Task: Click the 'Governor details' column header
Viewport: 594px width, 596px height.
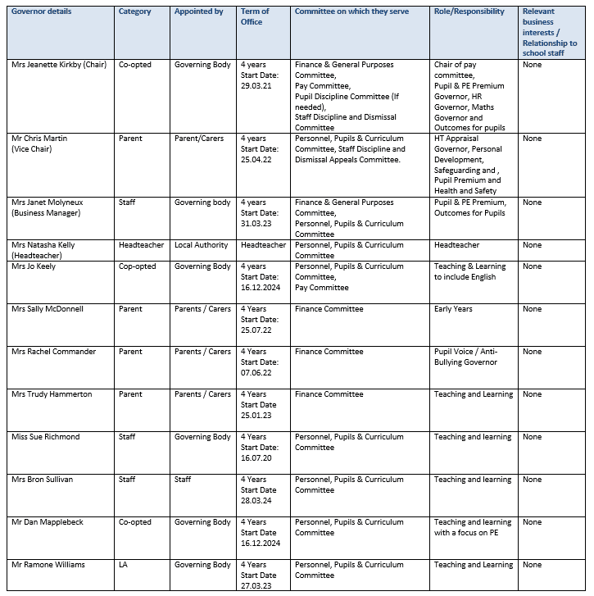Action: pos(41,12)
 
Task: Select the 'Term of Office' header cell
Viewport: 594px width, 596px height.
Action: pos(255,17)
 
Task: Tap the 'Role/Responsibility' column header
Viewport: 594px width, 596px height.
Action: pos(469,12)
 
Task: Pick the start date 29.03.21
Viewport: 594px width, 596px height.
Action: pos(256,86)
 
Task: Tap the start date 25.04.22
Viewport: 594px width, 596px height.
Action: pos(256,160)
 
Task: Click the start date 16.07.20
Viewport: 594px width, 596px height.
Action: pos(256,458)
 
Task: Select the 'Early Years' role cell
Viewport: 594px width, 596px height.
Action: pos(453,309)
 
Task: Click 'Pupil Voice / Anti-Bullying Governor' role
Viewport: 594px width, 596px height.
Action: pos(466,357)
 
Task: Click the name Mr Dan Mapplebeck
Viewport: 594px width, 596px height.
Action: pos(48,522)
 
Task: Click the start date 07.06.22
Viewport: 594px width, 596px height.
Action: pos(256,373)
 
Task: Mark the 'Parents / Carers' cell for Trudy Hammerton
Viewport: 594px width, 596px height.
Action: pos(202,394)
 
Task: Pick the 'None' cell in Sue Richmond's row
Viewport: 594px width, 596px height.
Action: pos(533,437)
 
